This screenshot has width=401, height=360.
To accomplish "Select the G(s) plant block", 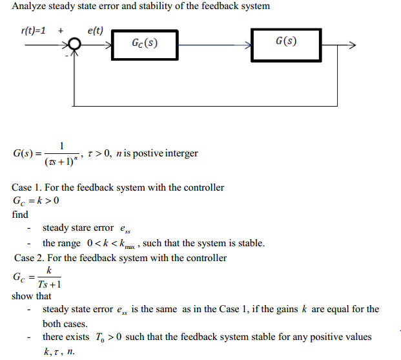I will tap(286, 43).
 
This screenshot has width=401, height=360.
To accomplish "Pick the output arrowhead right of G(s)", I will tap(351, 45).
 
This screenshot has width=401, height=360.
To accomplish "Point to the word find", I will tap(20, 215).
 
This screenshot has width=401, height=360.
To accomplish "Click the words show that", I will tap(31, 296).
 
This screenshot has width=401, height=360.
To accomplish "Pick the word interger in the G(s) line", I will tap(180, 153).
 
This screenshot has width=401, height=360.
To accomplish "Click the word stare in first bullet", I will tap(87, 228).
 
